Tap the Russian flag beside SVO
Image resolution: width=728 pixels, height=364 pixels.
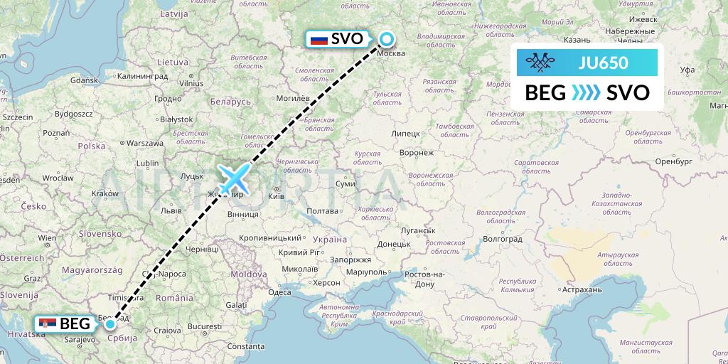[x=320, y=39]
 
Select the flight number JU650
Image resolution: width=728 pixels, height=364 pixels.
[x=604, y=63]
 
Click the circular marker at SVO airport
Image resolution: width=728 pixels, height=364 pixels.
[x=387, y=39]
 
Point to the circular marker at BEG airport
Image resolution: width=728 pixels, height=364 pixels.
[x=110, y=324]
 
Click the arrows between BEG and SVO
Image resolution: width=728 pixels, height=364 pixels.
[x=586, y=93]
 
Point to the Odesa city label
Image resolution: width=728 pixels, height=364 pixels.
[x=279, y=292]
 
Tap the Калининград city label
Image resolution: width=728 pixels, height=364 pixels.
[x=142, y=75]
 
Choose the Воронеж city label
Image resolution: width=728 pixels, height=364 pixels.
[x=417, y=152]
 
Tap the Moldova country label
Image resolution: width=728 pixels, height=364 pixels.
[x=247, y=273]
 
